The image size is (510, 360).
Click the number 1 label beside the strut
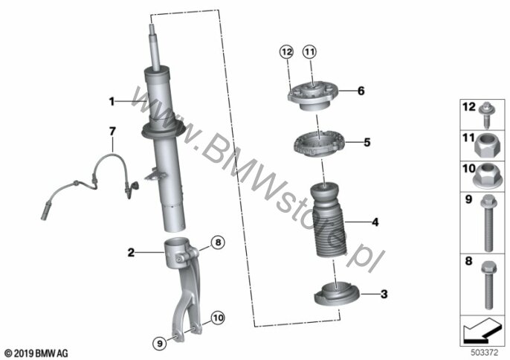(112, 102)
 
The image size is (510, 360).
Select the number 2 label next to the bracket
(131, 252)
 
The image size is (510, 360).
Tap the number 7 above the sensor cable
(112, 132)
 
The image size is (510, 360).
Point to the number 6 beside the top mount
(361, 91)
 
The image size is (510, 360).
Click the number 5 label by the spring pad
(367, 142)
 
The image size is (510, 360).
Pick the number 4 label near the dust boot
(375, 222)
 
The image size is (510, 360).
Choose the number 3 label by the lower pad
(384, 295)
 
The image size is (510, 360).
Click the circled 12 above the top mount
(287, 52)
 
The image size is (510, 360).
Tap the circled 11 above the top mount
(309, 51)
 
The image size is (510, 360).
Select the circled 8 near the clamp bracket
(218, 242)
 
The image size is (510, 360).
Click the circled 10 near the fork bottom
(218, 318)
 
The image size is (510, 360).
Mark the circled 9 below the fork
(159, 343)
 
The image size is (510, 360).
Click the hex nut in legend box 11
(486, 147)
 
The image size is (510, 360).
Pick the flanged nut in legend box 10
(486, 176)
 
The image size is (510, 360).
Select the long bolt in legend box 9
(487, 223)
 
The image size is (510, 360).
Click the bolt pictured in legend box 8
(487, 285)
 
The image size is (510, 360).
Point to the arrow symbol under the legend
(482, 330)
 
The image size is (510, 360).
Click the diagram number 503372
(485, 353)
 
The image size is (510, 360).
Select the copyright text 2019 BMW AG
(37, 353)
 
